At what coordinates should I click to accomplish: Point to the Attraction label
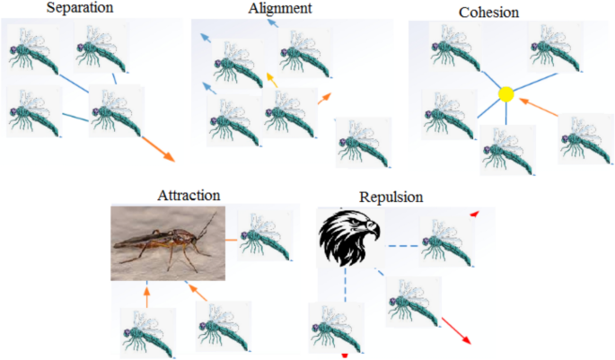pyautogui.click(x=189, y=195)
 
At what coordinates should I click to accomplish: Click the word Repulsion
pyautogui.click(x=391, y=197)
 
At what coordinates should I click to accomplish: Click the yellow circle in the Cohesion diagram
pyautogui.click(x=505, y=93)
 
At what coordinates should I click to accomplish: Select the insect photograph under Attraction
pyautogui.click(x=167, y=242)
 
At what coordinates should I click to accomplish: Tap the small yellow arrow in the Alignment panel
pyautogui.click(x=273, y=80)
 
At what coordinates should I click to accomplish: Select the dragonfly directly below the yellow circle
pyautogui.click(x=507, y=149)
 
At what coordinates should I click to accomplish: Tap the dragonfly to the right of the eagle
pyautogui.click(x=446, y=239)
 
